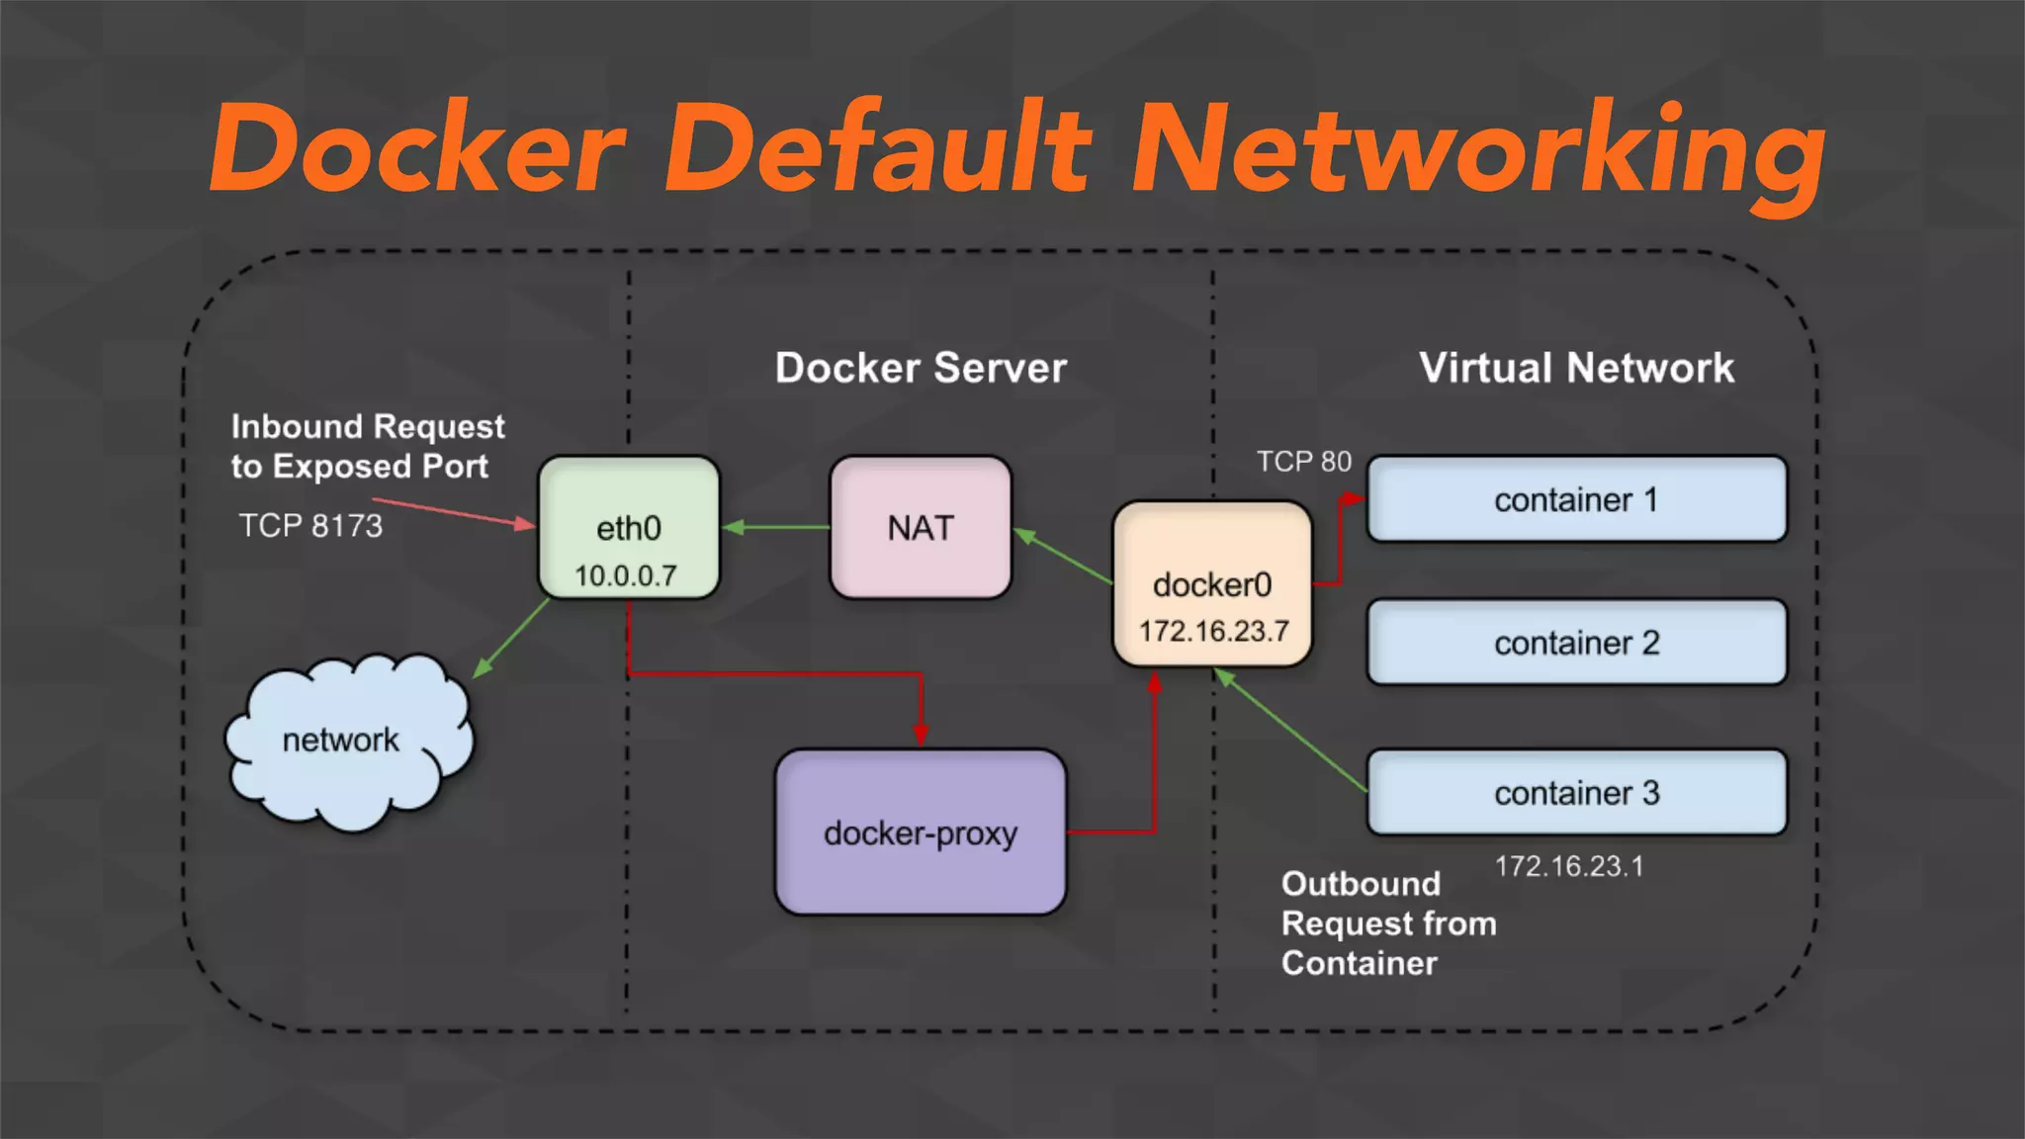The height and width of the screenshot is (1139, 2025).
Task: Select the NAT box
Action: tap(921, 528)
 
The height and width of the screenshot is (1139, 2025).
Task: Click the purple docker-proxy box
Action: tap(921, 832)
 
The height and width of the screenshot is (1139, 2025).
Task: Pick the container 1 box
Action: tap(1576, 499)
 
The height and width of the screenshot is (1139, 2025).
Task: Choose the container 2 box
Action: tap(1576, 643)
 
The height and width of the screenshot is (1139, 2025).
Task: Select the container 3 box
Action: tap(1576, 793)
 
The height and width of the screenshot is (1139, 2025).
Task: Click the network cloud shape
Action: tap(341, 742)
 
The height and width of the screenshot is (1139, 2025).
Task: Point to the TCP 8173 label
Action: tap(310, 525)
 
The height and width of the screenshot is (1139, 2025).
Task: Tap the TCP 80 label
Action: tap(1303, 462)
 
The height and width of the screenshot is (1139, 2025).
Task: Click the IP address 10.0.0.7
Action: tap(626, 575)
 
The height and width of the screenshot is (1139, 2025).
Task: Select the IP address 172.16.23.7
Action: tap(1213, 631)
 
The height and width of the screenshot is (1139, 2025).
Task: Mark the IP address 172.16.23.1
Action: tap(1568, 866)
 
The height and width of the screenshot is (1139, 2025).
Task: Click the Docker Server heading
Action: tap(921, 368)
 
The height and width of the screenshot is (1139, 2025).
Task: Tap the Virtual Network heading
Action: tap(1576, 368)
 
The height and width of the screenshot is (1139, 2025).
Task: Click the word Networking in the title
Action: tap(1477, 150)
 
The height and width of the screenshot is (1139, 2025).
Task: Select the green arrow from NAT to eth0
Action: tap(776, 527)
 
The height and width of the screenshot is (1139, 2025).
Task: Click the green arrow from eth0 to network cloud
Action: tap(511, 638)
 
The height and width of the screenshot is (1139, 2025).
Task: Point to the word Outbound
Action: tap(1361, 883)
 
